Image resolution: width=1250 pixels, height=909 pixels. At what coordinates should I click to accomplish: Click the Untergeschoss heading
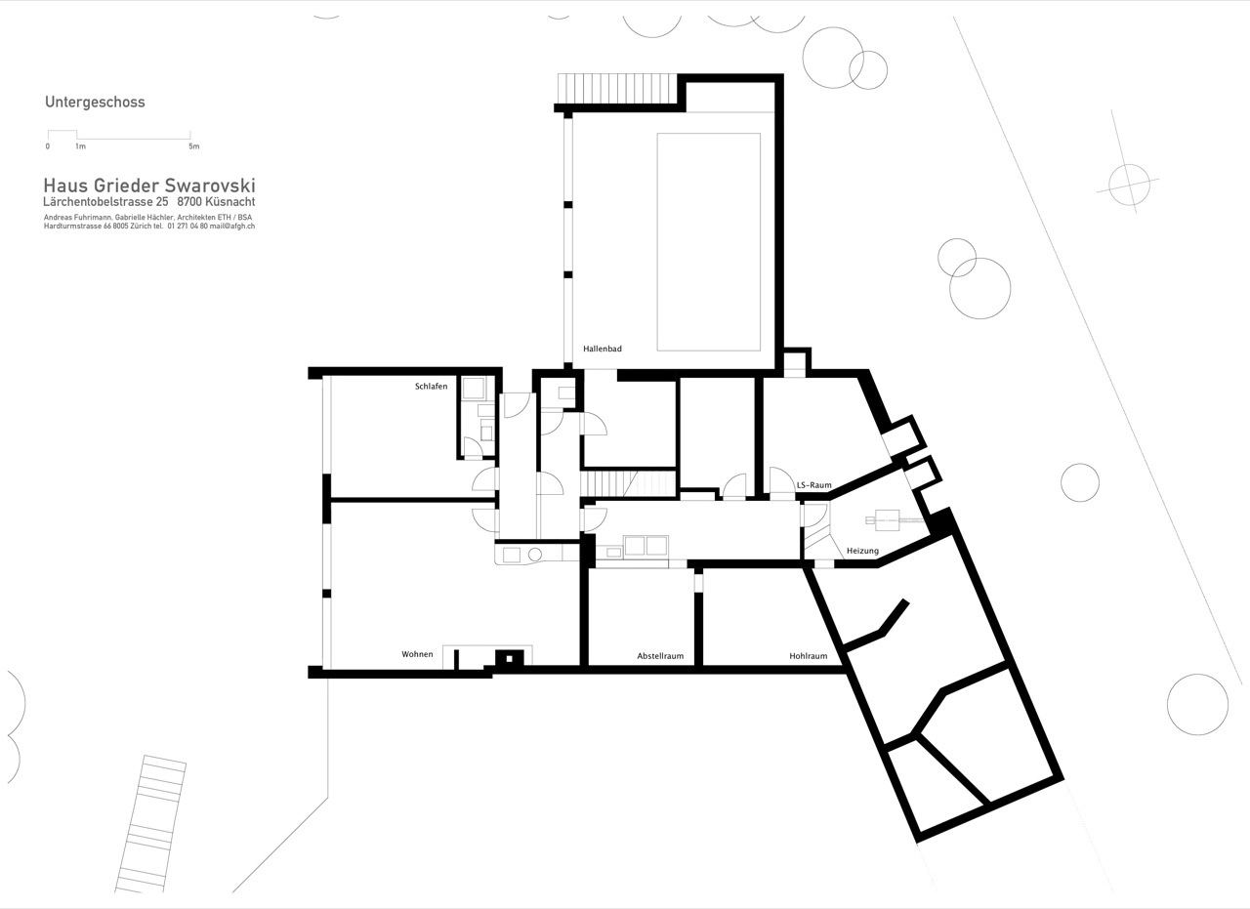point(95,103)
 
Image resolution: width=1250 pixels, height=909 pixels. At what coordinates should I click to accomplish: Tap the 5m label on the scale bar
point(193,146)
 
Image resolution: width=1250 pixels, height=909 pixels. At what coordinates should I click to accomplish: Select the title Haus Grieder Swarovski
point(149,186)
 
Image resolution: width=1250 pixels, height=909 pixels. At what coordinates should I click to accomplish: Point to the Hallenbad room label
point(603,349)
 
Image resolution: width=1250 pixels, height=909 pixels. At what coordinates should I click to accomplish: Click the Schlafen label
point(431,386)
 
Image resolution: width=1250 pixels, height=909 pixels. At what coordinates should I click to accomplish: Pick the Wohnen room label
point(417,654)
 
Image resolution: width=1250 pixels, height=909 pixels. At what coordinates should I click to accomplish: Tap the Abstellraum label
point(660,656)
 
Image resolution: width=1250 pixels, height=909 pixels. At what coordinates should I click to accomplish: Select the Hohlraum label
point(808,656)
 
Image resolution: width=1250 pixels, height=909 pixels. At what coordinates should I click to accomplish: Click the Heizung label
point(862,552)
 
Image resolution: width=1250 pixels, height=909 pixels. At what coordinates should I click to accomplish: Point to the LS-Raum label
point(814,485)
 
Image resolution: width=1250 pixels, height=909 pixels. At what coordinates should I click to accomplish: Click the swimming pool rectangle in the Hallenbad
point(709,242)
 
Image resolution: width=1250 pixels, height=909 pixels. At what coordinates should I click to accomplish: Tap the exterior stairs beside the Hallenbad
point(617,89)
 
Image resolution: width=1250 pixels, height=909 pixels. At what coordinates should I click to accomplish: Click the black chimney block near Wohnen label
point(509,658)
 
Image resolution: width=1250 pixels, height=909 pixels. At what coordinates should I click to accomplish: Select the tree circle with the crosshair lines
point(1129,185)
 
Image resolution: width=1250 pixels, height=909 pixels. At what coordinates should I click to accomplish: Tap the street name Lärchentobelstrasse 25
point(105,202)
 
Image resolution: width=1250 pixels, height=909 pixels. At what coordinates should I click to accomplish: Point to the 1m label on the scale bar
point(80,146)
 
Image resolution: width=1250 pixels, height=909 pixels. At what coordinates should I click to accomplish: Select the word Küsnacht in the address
point(229,202)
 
